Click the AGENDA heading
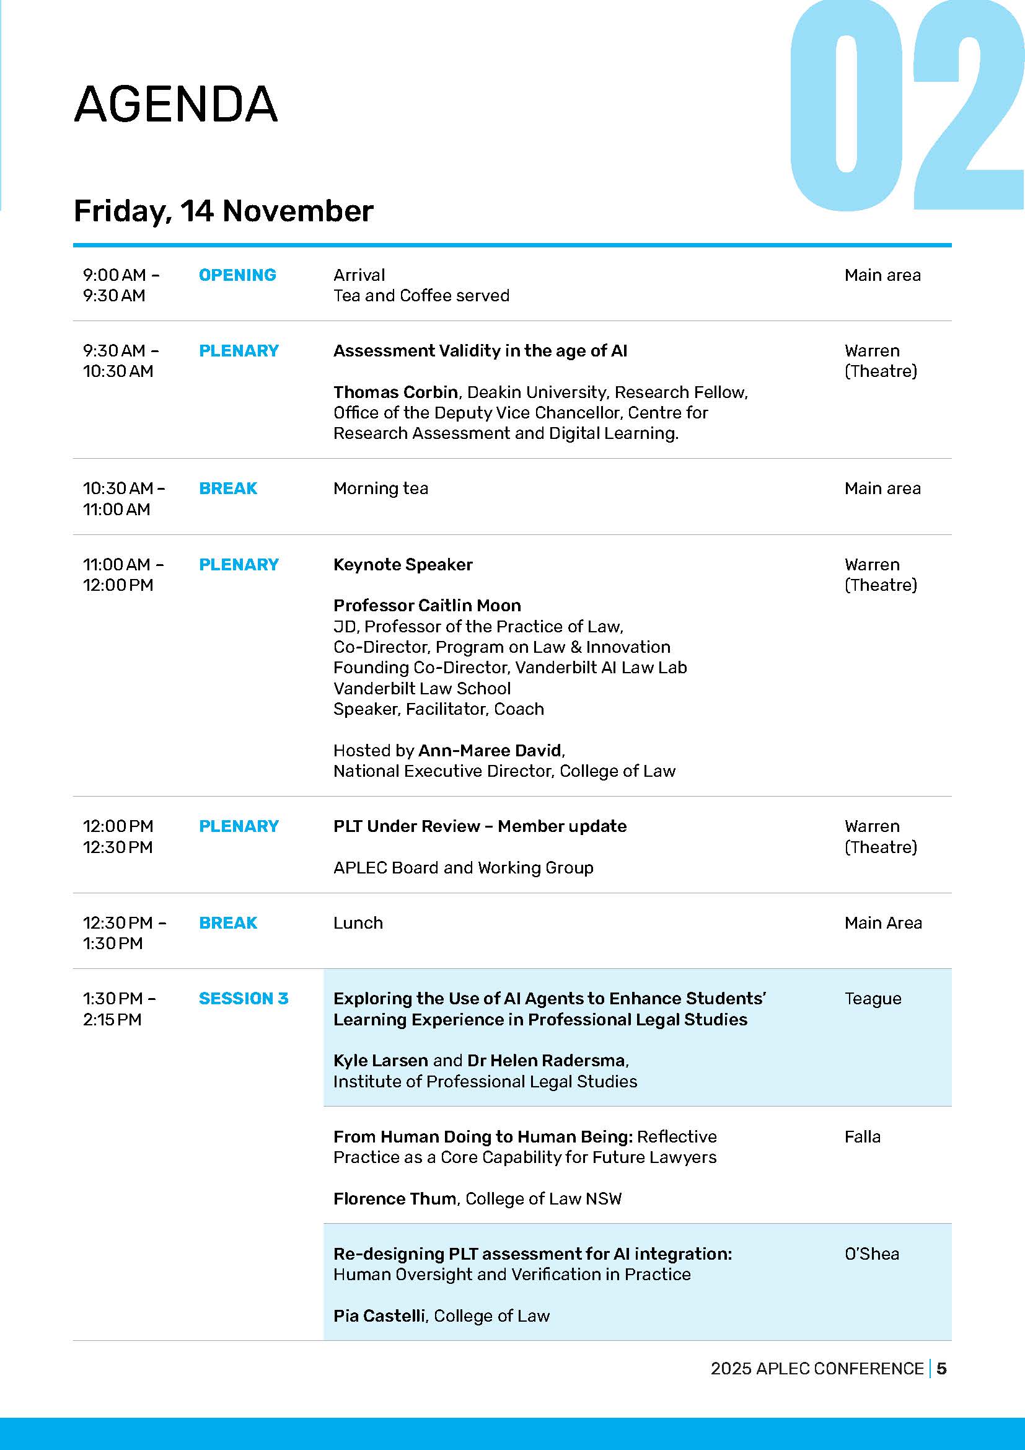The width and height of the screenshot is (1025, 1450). click(x=175, y=104)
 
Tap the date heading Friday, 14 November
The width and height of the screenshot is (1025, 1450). click(x=224, y=211)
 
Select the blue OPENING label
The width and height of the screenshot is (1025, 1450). click(x=237, y=275)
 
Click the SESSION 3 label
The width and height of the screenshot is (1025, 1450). click(x=243, y=999)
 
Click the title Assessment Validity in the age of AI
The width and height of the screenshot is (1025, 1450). click(x=480, y=351)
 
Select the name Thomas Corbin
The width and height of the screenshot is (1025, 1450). click(x=396, y=392)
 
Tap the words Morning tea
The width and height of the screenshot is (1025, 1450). click(x=381, y=488)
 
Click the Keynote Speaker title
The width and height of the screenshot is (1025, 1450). click(x=403, y=565)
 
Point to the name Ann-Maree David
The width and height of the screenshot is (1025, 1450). click(x=490, y=750)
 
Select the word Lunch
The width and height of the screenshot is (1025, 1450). click(x=358, y=922)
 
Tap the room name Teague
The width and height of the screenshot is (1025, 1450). click(x=873, y=999)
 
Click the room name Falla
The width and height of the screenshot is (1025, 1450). click(x=862, y=1137)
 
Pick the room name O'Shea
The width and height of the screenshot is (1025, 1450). click(x=872, y=1253)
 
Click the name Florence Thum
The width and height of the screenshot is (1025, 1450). click(x=395, y=1199)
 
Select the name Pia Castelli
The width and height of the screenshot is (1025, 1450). click(x=379, y=1315)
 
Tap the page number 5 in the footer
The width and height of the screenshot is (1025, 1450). click(x=941, y=1369)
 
